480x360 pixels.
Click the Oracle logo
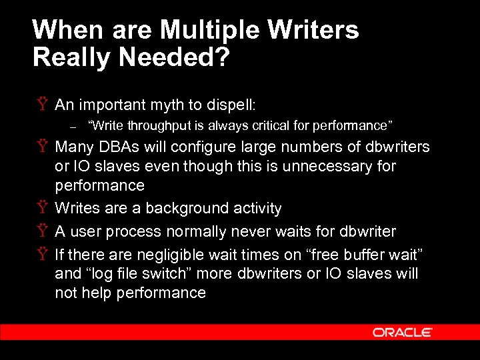pyautogui.click(x=403, y=332)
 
